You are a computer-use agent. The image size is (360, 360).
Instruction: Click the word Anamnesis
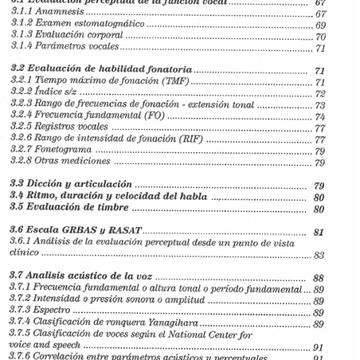click(59, 14)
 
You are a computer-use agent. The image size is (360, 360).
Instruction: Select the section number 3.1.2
click(22, 25)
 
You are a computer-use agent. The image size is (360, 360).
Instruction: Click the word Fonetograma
click(65, 151)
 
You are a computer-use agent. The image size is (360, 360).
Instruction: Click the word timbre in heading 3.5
click(112, 208)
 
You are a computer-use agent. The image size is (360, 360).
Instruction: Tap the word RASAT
click(123, 231)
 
